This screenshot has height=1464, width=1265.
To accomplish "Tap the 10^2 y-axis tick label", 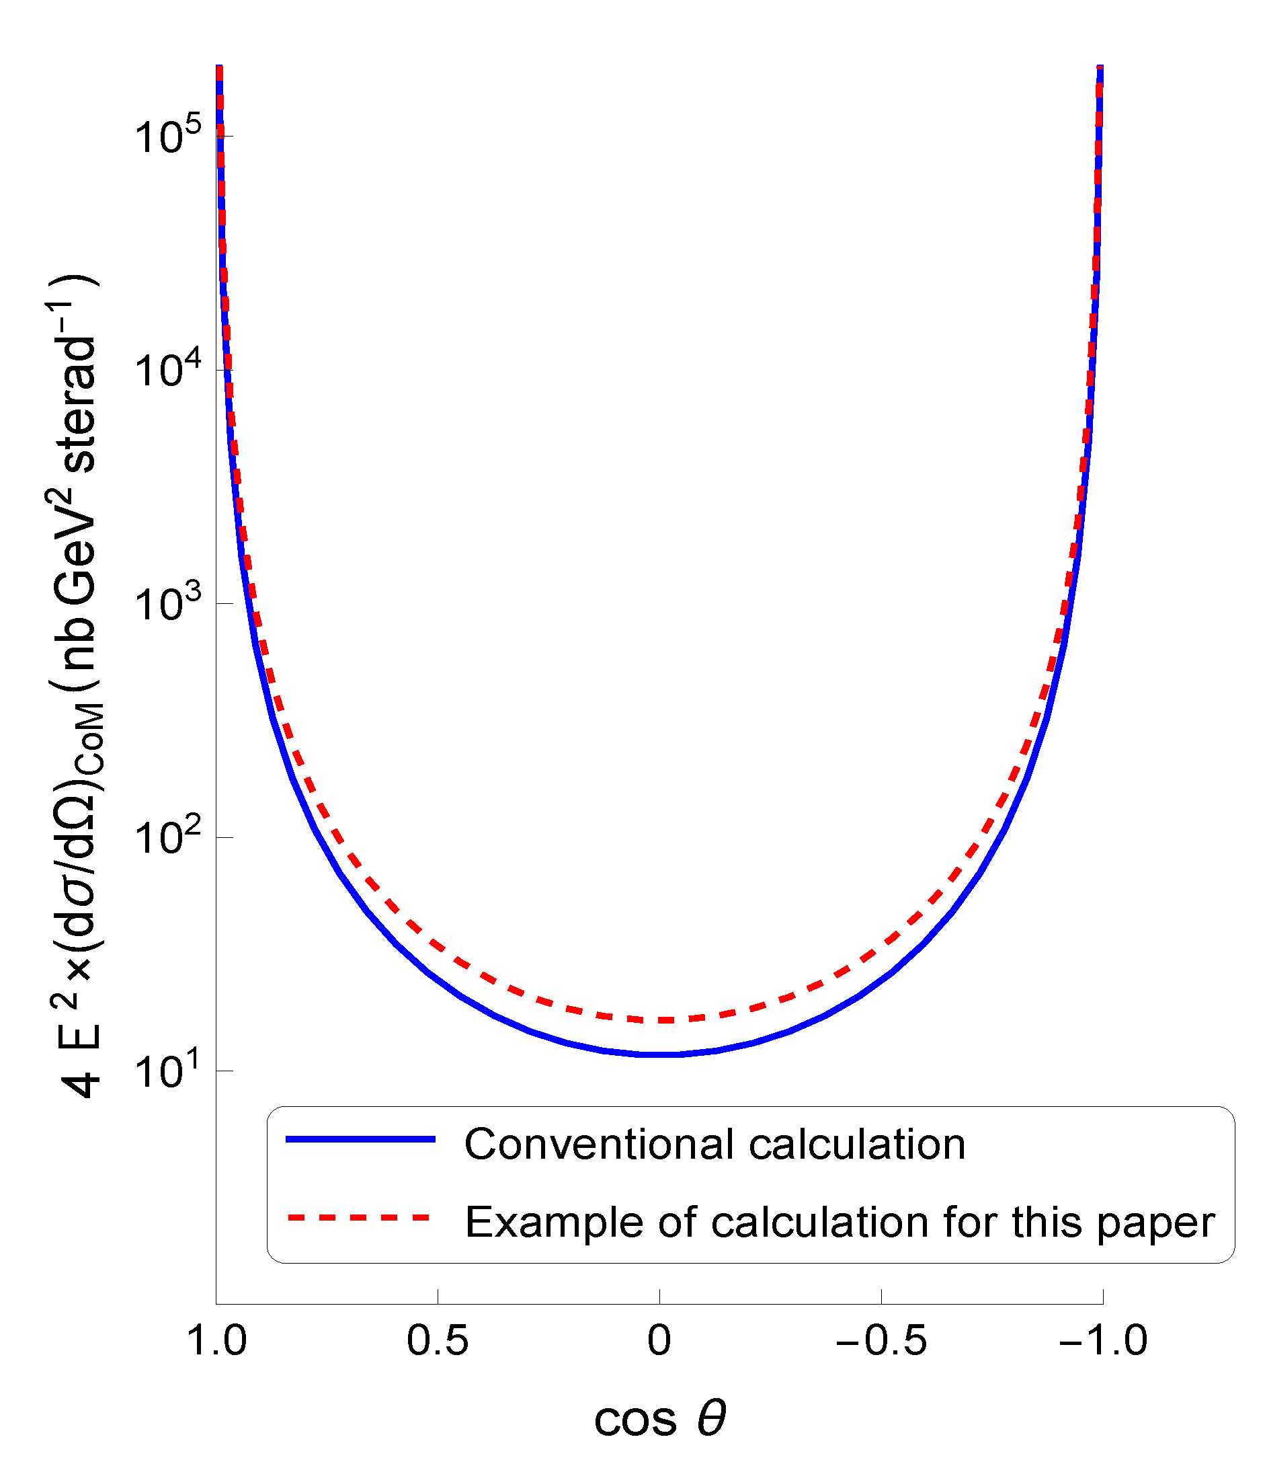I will [167, 837].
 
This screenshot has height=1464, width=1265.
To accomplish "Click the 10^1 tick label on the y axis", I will [167, 1071].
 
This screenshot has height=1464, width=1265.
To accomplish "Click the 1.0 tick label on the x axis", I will [216, 1340].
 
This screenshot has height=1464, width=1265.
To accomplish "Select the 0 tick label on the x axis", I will [659, 1340].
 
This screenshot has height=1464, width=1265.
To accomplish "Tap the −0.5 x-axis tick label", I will [881, 1340].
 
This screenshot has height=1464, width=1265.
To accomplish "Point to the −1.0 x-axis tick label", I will [1102, 1340].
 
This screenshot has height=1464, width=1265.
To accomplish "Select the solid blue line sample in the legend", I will [360, 1139].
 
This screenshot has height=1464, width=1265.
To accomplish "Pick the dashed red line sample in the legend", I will [360, 1217].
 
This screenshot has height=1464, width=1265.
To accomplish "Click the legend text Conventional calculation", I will [714, 1144].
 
